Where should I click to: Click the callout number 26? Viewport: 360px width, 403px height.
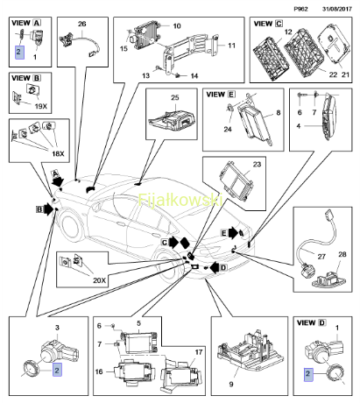(82, 24)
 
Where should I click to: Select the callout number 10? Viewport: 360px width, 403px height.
(177, 26)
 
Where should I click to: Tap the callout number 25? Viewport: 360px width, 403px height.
(175, 97)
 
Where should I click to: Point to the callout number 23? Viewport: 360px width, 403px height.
(257, 165)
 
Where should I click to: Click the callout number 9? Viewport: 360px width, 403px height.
(231, 384)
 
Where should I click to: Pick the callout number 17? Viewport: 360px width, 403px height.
(199, 352)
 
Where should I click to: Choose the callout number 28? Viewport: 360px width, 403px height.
(342, 254)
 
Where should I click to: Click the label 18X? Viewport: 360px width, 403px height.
(58, 153)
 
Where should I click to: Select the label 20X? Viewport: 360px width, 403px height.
(99, 280)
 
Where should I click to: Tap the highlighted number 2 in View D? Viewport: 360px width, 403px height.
(307, 374)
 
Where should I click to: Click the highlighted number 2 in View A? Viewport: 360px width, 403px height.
(19, 52)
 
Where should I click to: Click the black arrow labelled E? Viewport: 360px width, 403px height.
(233, 233)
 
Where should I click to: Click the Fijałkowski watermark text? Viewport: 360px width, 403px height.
(180, 200)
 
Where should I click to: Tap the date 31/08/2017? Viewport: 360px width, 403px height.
(337, 9)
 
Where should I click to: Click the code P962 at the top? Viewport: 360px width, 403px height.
(300, 9)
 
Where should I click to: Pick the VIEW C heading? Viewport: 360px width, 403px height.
(268, 24)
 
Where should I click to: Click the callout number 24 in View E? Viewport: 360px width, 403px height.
(228, 129)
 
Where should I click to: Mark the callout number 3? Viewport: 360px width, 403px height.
(57, 328)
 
